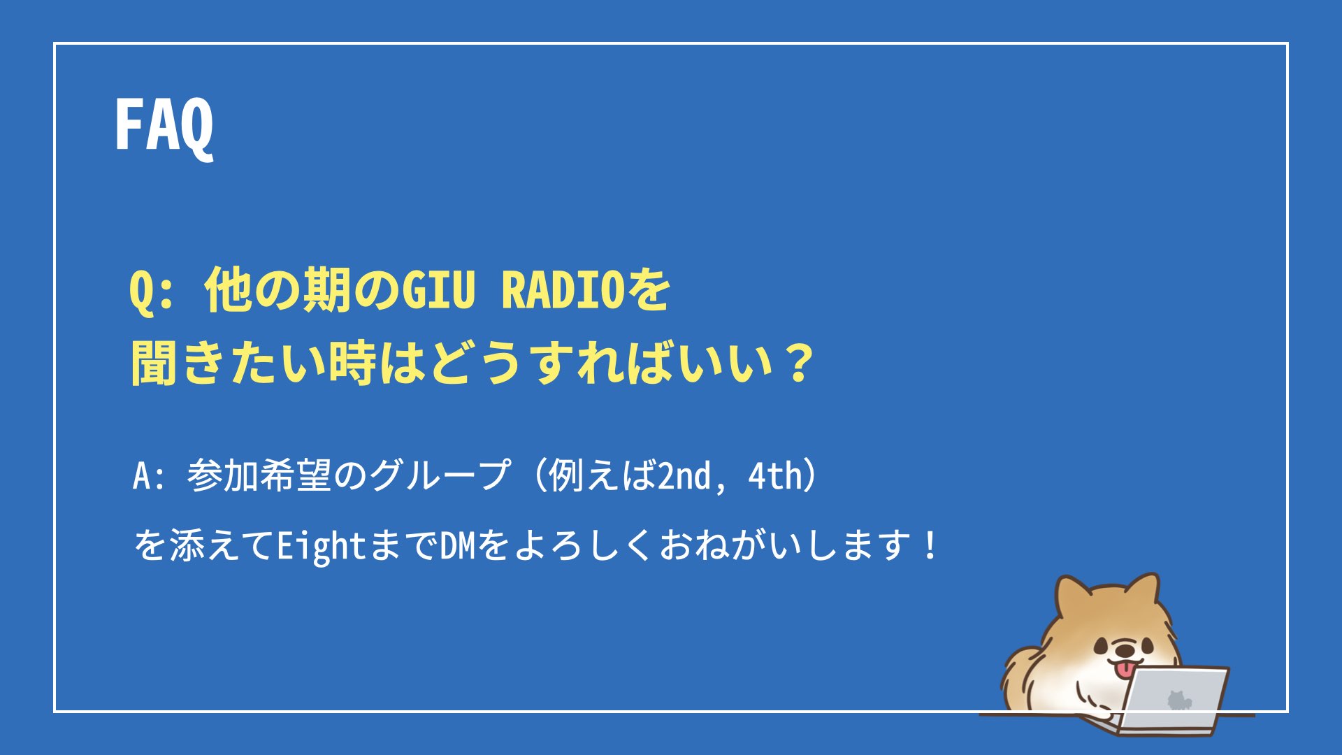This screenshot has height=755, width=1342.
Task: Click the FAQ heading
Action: [x=164, y=126]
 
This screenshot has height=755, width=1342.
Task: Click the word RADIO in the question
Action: [x=563, y=289]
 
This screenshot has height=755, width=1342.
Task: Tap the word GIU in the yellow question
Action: [x=439, y=289]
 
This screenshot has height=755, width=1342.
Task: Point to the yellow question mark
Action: [x=797, y=364]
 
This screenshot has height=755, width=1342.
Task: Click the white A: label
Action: [x=149, y=476]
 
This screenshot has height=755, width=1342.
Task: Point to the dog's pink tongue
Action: [x=1123, y=669]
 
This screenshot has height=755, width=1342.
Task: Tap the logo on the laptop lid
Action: [x=1178, y=700]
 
